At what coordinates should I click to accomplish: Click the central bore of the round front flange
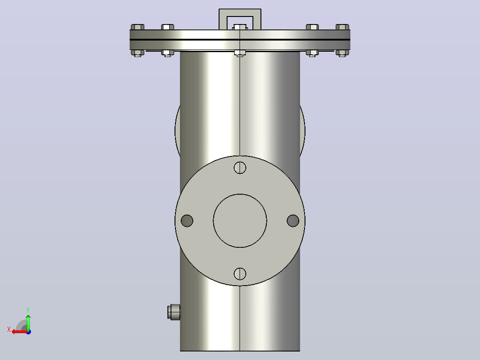click(240, 221)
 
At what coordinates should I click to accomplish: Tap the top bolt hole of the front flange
click(240, 168)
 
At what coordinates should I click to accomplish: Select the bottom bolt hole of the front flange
click(240, 274)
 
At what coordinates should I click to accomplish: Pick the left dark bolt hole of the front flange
click(187, 221)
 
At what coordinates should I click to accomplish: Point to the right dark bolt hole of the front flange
click(293, 221)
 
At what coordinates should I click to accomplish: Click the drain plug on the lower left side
click(174, 312)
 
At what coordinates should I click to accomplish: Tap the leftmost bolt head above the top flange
click(138, 27)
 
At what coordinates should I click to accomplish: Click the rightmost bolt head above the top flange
click(342, 27)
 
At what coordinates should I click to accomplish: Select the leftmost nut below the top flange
click(138, 53)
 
